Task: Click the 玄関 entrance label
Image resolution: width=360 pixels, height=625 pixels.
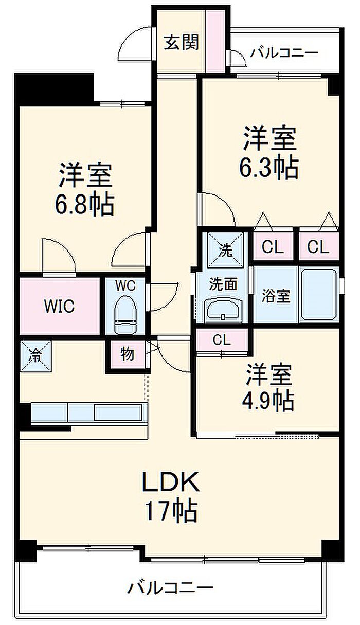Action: pyautogui.click(x=181, y=43)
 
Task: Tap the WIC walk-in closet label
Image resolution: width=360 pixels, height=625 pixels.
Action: pyautogui.click(x=59, y=307)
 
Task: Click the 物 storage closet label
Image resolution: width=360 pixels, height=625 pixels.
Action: pyautogui.click(x=127, y=355)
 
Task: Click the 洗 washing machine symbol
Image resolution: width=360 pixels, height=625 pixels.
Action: pyautogui.click(x=226, y=251)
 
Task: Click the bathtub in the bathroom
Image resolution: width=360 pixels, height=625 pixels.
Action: pyautogui.click(x=319, y=295)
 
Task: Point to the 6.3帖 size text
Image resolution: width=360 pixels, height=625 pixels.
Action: pyautogui.click(x=269, y=167)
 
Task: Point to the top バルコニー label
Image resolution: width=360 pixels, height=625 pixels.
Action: pyautogui.click(x=284, y=53)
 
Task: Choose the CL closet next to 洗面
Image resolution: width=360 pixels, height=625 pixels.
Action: pyautogui.click(x=221, y=340)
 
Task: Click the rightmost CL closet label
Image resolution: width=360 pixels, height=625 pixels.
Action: pyautogui.click(x=318, y=247)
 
